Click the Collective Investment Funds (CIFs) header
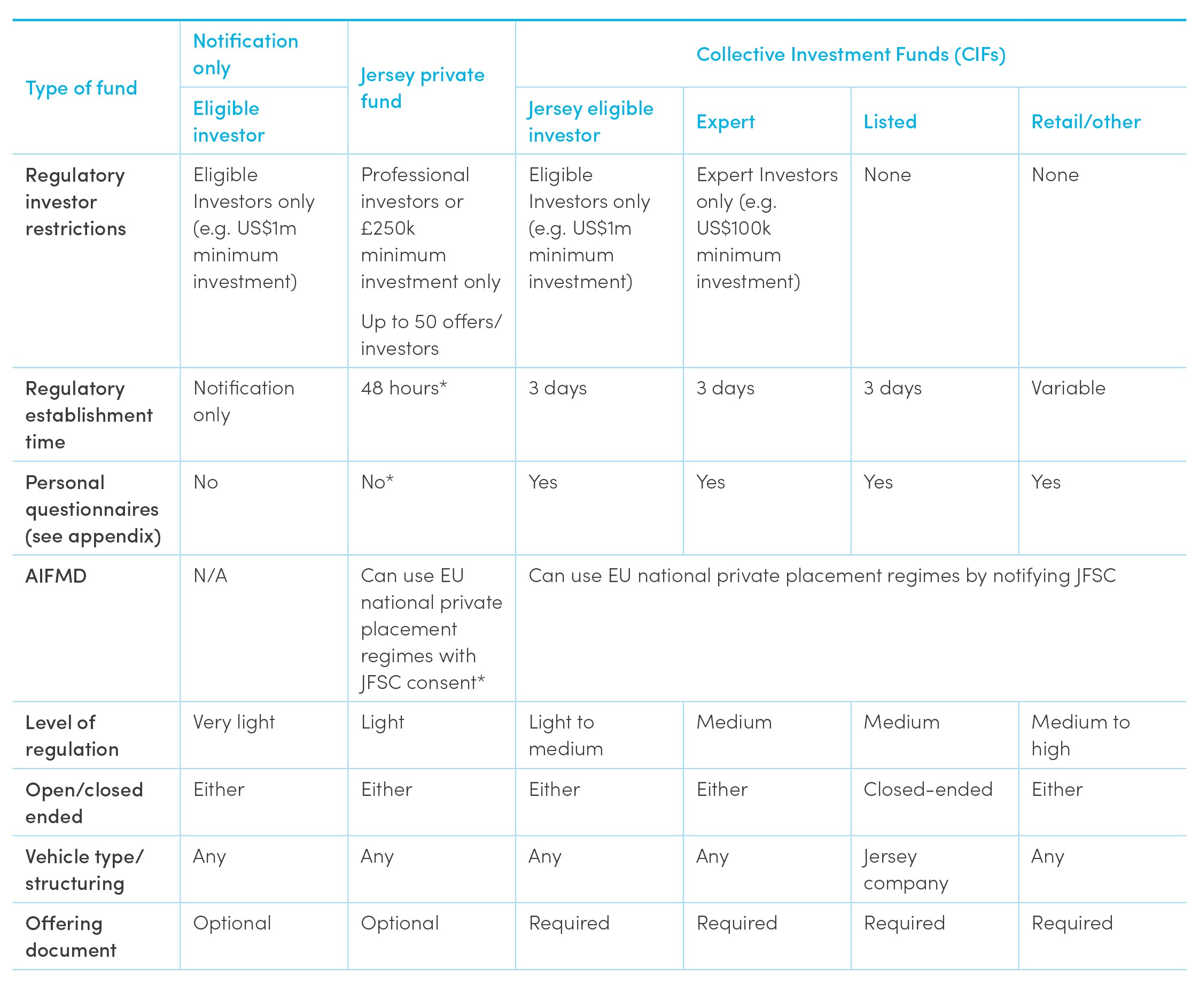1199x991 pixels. (x=850, y=55)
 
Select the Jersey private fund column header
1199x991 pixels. (x=422, y=88)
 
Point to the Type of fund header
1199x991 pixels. (x=82, y=89)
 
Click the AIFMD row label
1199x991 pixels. (x=56, y=576)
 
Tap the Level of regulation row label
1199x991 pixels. (x=72, y=736)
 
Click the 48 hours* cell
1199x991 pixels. (x=403, y=388)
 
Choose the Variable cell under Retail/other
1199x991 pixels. (x=1068, y=388)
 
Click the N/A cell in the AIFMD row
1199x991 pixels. (x=210, y=576)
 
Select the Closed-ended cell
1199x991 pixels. (x=928, y=789)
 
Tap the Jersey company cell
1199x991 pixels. (x=905, y=870)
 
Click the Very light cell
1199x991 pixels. (x=233, y=723)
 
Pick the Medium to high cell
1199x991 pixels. (x=1080, y=736)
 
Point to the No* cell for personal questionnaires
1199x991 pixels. (x=377, y=482)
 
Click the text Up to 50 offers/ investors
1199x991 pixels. (x=431, y=335)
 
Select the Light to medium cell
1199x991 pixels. (x=565, y=736)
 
